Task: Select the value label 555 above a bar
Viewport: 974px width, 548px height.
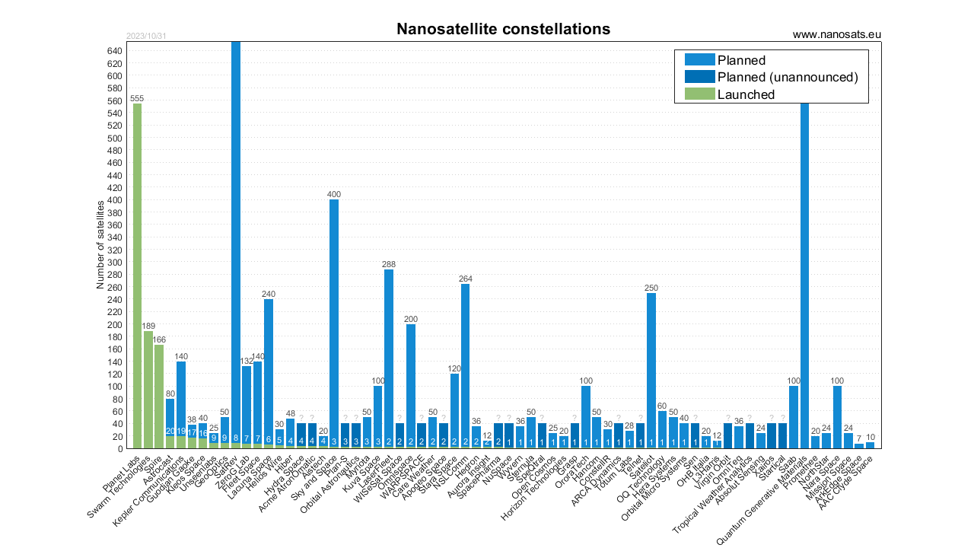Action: [x=137, y=98]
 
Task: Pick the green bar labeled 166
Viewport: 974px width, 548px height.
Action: [x=159, y=397]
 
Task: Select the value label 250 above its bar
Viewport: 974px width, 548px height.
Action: [x=651, y=287]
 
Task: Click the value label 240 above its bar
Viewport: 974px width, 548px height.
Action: [x=269, y=293]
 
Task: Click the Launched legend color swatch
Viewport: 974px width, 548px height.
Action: [x=700, y=94]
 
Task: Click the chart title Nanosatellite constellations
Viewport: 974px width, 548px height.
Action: [x=503, y=30]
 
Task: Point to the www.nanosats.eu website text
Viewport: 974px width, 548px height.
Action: [x=836, y=34]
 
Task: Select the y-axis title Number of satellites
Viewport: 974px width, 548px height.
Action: [x=100, y=244]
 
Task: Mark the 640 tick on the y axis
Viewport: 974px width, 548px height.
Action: [x=115, y=51]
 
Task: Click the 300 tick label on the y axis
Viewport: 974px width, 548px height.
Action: [x=115, y=263]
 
